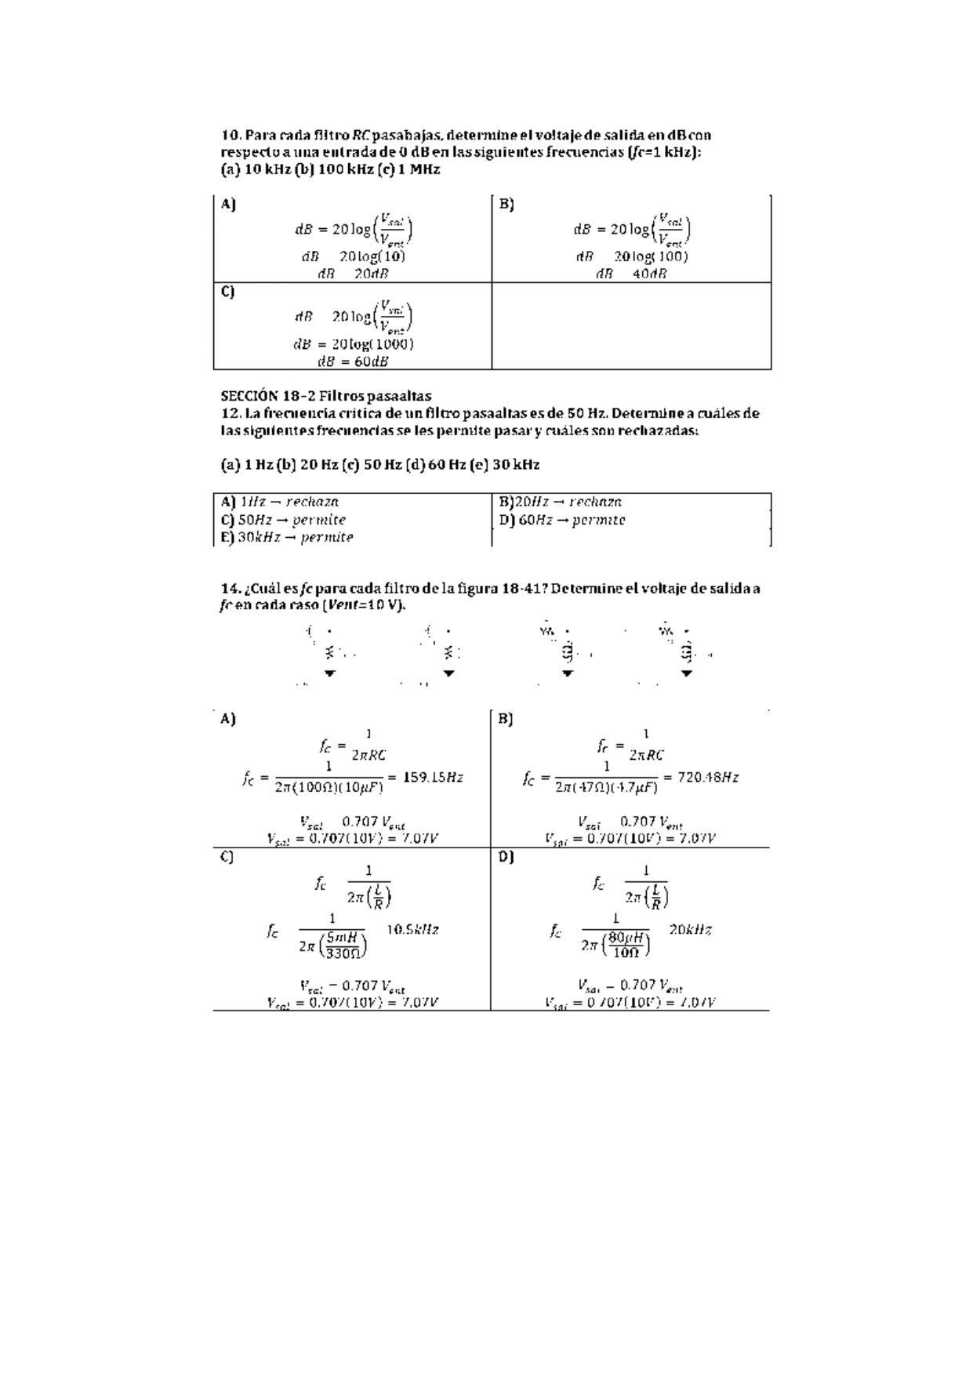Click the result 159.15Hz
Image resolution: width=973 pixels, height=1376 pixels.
(x=433, y=778)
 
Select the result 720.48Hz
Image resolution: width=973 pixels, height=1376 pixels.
(x=709, y=778)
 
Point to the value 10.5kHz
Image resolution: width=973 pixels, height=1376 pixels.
(x=412, y=929)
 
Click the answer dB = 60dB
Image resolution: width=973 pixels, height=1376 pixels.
(x=353, y=361)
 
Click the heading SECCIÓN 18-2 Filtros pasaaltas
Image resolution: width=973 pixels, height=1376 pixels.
(x=325, y=396)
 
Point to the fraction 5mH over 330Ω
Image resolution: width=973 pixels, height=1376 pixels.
(x=343, y=945)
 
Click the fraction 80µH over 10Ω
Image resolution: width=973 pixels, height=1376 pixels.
(x=626, y=945)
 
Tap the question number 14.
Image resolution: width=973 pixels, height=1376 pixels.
(x=230, y=589)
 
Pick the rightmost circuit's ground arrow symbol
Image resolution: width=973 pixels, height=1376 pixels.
(x=687, y=673)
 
